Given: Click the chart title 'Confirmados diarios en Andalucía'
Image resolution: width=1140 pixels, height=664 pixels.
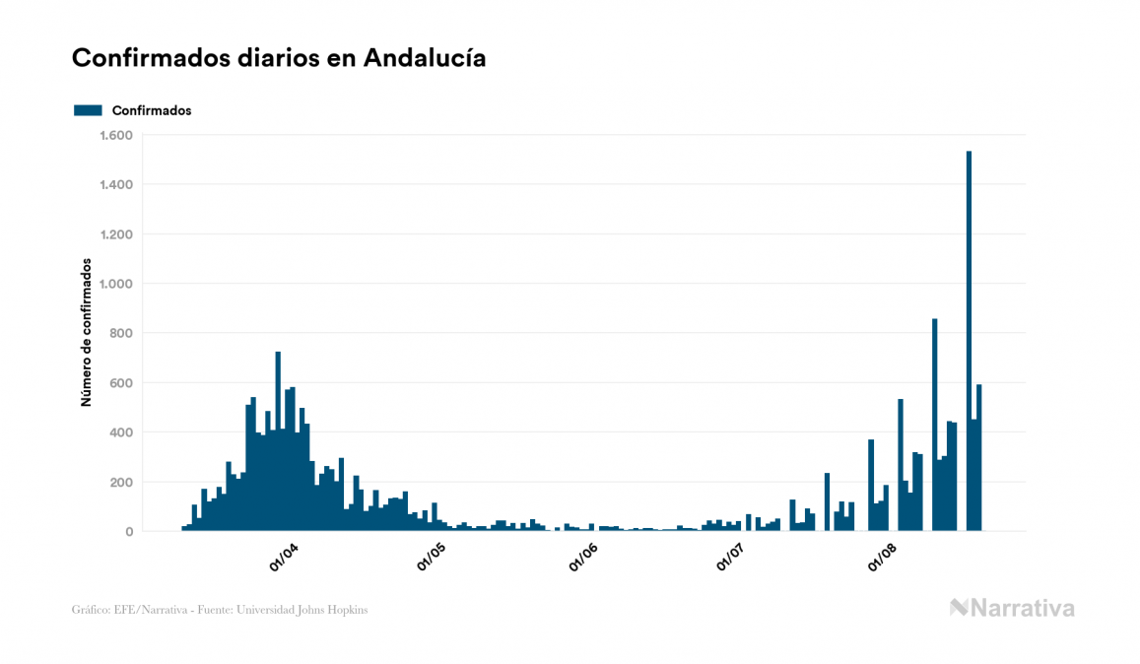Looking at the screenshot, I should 279,58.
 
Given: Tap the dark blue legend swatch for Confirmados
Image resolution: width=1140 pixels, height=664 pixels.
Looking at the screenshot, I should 88,110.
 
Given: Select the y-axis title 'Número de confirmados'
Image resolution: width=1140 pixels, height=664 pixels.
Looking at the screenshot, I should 86,333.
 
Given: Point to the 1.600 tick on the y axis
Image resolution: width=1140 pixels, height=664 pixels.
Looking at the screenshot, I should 116,135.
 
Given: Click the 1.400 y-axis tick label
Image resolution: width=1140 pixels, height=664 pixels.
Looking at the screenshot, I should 116,184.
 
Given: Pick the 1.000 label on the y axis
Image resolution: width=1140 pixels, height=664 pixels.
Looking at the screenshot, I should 116,284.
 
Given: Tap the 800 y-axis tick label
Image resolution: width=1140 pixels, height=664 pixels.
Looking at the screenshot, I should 121,333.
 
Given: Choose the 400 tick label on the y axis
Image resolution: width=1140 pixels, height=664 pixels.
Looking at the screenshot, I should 121,432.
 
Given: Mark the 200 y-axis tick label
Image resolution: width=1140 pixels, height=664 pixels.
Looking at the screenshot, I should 121,482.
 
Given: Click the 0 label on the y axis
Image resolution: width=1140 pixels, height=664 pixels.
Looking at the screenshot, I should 129,532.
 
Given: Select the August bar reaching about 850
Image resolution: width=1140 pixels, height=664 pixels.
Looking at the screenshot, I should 935,425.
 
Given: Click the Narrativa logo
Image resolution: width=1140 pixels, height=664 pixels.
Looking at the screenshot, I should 1012,608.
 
